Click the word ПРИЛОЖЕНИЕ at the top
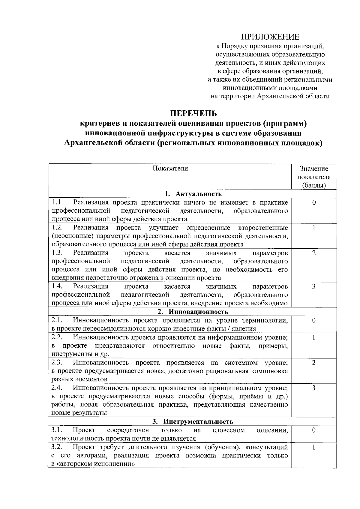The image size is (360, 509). [270, 37]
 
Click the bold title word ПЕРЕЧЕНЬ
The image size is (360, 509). [193, 114]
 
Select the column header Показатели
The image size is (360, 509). [170, 168]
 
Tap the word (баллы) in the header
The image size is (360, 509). [314, 185]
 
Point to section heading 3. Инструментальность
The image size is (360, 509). [193, 422]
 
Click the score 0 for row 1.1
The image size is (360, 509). [314, 202]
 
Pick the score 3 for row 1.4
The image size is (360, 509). [314, 286]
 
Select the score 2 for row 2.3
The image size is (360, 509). [314, 363]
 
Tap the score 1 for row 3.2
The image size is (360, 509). [314, 447]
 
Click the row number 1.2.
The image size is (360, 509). [57, 227]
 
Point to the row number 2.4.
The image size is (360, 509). [57, 388]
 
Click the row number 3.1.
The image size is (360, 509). [57, 430]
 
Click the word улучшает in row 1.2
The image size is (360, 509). [163, 227]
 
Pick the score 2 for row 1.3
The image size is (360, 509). [314, 253]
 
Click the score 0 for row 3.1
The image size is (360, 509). [314, 430]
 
